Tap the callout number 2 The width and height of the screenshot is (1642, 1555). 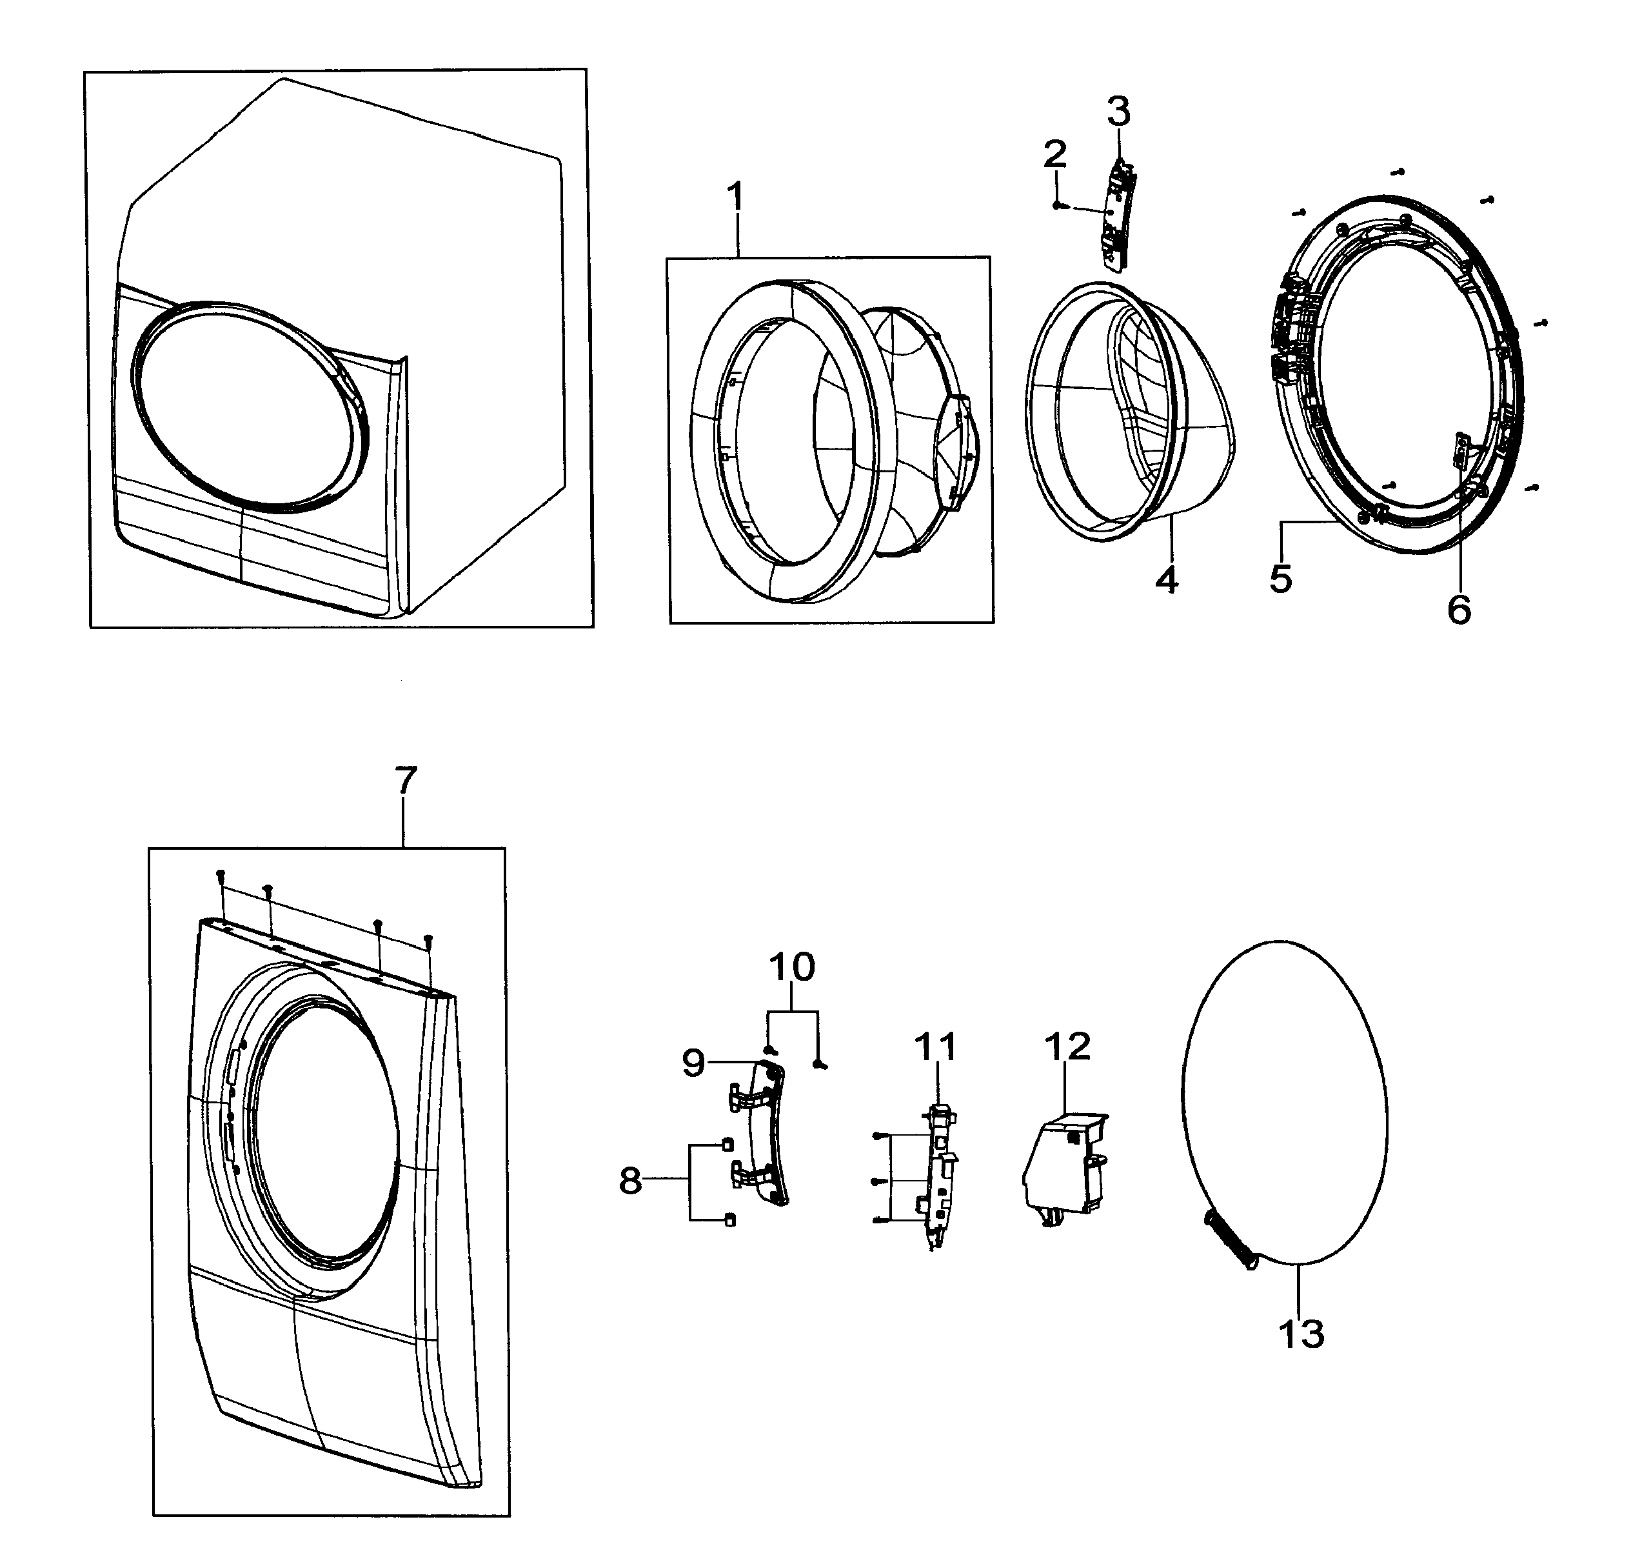pyautogui.click(x=1054, y=154)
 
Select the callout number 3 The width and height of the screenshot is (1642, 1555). pyautogui.click(x=1118, y=110)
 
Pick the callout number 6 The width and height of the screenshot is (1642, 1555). pyautogui.click(x=1459, y=609)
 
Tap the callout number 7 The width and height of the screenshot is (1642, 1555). pyautogui.click(x=405, y=780)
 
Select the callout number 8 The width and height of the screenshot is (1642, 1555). pyautogui.click(x=631, y=1181)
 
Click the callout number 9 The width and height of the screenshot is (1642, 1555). pyautogui.click(x=693, y=1063)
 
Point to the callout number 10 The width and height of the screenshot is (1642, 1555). pyautogui.click(x=792, y=967)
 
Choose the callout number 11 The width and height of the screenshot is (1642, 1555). pyautogui.click(x=936, y=1047)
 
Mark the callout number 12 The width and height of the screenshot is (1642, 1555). pyautogui.click(x=1068, y=1047)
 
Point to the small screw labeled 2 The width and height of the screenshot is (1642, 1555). pyautogui.click(x=1057, y=205)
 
